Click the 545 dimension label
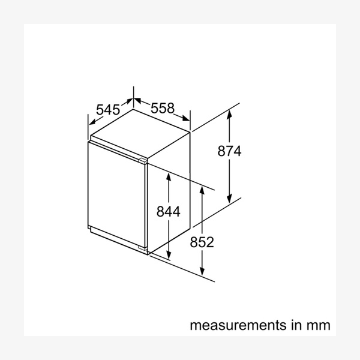(108, 110)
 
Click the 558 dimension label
(163, 108)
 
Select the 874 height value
(229, 151)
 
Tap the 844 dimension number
(168, 211)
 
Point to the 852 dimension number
(202, 242)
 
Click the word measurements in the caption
(238, 325)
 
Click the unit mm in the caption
(319, 325)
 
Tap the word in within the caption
(296, 325)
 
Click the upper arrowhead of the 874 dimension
(229, 114)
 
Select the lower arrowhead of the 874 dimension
(229, 199)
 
